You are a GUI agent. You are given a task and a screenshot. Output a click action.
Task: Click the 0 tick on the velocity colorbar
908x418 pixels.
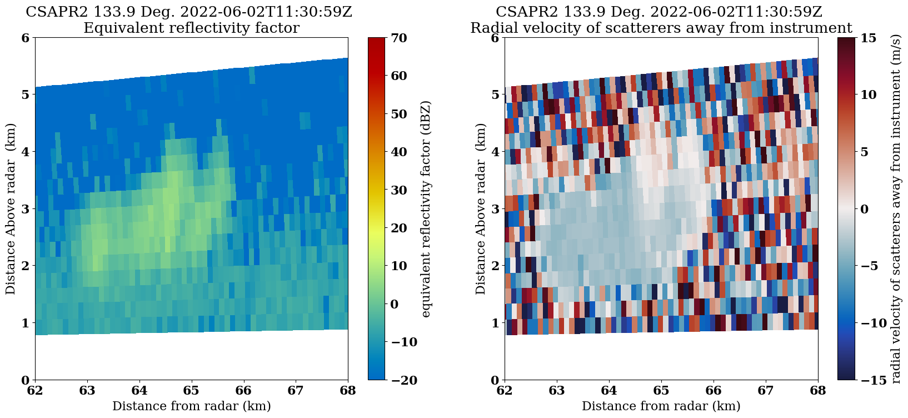point(864,209)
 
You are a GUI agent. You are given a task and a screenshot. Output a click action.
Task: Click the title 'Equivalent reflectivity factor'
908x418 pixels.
point(191,28)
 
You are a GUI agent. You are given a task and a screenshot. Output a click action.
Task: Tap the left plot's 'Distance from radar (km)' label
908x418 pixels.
point(191,406)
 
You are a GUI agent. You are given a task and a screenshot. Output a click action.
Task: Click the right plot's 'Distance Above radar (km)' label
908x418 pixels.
point(481,209)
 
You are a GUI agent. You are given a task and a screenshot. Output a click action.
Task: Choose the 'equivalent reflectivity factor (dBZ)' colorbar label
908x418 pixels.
point(426,209)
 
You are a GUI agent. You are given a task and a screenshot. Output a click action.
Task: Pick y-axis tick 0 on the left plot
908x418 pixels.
point(25,380)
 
